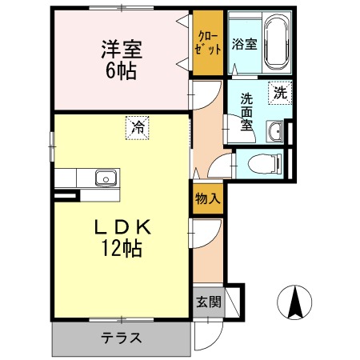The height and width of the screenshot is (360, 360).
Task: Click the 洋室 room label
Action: click(121, 48)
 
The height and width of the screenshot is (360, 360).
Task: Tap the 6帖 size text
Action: click(121, 70)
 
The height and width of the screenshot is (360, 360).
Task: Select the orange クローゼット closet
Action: click(207, 44)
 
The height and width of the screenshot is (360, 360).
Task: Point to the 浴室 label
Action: click(244, 44)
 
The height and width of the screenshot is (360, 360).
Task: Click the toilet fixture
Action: click(265, 165)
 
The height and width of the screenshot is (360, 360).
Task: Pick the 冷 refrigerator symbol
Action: click(138, 126)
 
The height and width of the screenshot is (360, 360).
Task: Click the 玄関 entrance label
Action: click(206, 302)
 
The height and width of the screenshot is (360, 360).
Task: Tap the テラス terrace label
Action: click(121, 338)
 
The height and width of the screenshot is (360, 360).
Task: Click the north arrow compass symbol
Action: click(294, 303)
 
